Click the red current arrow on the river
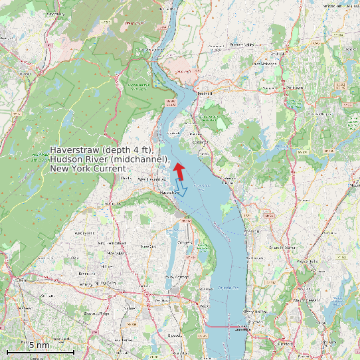coord(178,170)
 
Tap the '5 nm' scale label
coord(39,345)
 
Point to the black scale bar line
coord(40,351)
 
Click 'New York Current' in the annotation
coord(87,169)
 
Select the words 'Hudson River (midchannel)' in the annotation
coord(110,159)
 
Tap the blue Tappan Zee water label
coord(228,287)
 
